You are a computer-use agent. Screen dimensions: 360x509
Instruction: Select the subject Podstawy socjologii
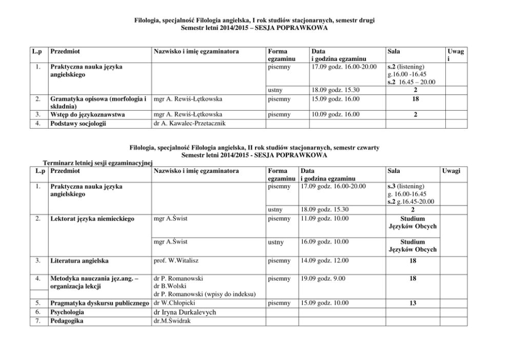coord(78,123)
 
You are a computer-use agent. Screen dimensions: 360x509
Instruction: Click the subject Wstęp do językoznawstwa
coord(87,114)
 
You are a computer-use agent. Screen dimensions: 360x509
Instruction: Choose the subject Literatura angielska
coord(80,261)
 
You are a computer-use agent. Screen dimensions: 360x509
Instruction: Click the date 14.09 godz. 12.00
coord(324,261)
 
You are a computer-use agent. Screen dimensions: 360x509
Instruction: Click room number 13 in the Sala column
coord(413,303)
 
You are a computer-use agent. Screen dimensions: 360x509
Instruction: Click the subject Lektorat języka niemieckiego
coord(91,219)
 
